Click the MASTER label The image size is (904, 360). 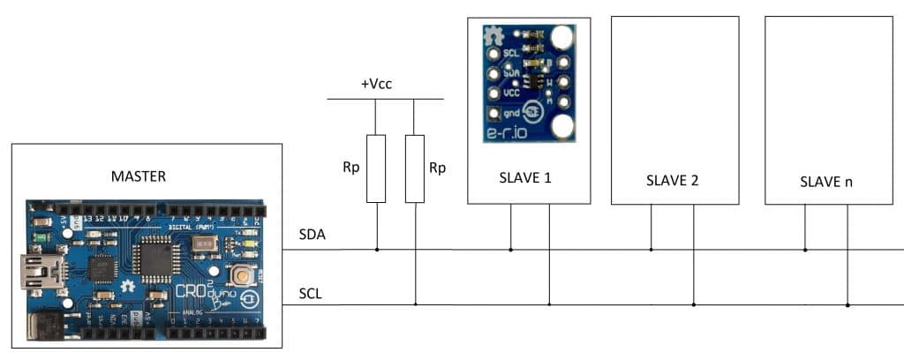(x=139, y=176)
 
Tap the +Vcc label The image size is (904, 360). (x=376, y=84)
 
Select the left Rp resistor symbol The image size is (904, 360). (x=376, y=169)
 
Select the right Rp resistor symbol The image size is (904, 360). (x=415, y=169)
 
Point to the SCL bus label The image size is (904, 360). (x=312, y=294)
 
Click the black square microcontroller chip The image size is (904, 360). (x=154, y=258)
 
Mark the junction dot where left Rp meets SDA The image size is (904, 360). (x=376, y=250)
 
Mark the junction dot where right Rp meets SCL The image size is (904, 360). (x=415, y=304)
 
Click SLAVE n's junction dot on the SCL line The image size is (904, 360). (x=847, y=304)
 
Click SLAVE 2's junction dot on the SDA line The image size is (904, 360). (x=652, y=250)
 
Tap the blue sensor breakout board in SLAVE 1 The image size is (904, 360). (x=529, y=82)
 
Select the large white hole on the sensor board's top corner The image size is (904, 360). (x=561, y=37)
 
